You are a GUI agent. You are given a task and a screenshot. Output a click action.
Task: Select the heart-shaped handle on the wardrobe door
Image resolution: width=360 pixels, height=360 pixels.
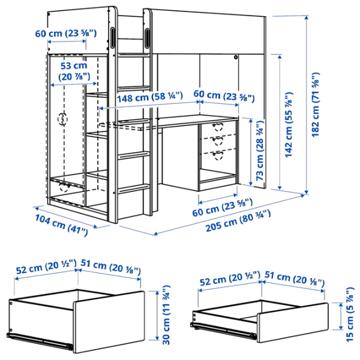pos(62,119)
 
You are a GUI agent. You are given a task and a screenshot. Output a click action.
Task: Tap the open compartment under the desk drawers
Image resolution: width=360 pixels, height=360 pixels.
pos(218,178)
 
